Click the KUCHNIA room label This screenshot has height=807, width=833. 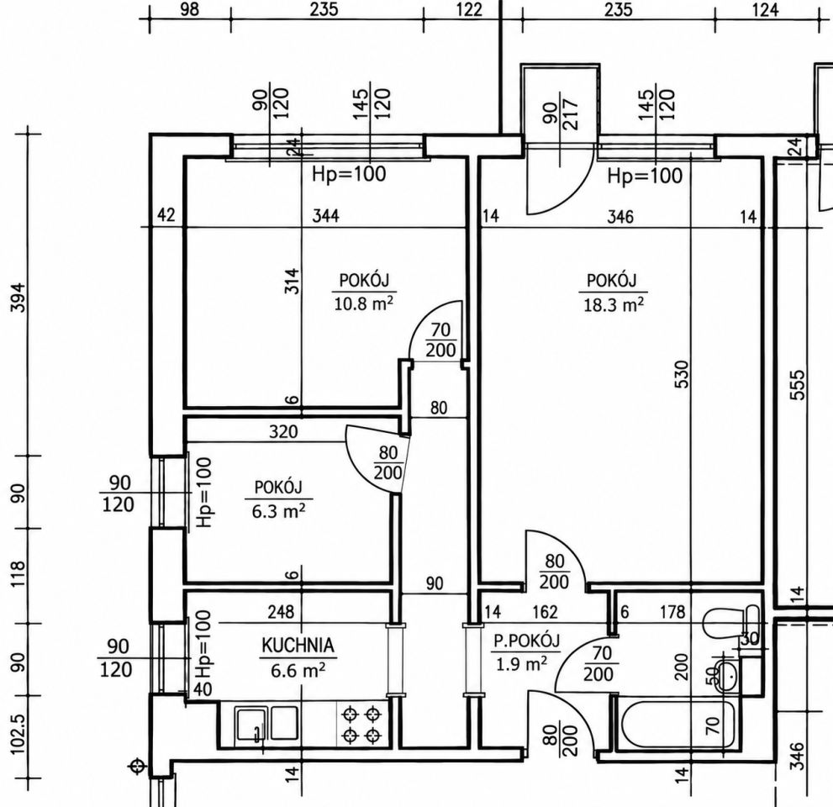point(298,645)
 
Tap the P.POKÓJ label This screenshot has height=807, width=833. point(526,641)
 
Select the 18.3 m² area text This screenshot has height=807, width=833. point(614,305)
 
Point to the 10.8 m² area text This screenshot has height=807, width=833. point(364,304)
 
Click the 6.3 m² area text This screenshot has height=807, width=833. point(278,511)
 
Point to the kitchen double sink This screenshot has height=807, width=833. point(266,723)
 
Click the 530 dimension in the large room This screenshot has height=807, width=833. point(683,374)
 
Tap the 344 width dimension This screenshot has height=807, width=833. point(325,216)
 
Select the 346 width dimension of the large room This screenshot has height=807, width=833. point(620,216)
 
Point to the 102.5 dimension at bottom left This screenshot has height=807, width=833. point(18,734)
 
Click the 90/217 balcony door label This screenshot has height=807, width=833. point(561,113)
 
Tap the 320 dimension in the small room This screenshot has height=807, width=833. point(283,431)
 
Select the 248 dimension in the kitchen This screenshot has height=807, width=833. point(281,611)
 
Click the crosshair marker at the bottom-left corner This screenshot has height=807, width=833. point(138,766)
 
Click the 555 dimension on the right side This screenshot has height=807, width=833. point(798,385)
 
